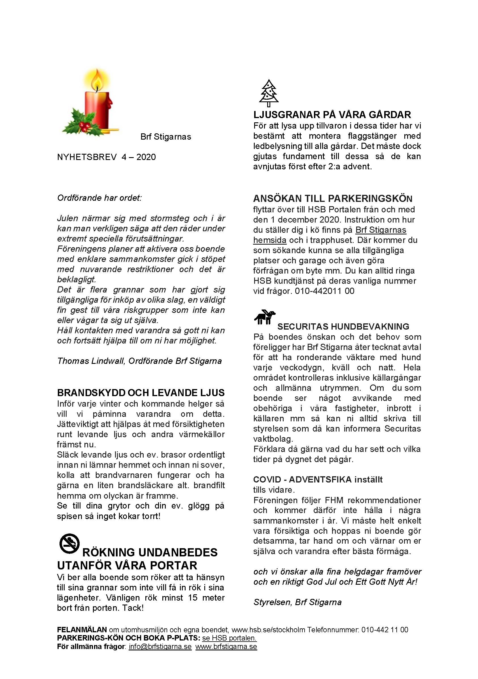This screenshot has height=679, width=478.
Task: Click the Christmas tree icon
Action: pyautogui.click(x=268, y=93)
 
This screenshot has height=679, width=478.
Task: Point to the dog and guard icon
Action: pyautogui.click(x=265, y=317)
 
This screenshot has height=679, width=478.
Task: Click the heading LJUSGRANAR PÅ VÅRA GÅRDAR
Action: pyautogui.click(x=332, y=115)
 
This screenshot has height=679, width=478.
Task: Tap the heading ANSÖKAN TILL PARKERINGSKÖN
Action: pyautogui.click(x=333, y=198)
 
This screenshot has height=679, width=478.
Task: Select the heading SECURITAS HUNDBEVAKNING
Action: pyautogui.click(x=343, y=326)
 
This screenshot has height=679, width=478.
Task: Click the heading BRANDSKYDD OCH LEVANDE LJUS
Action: pyautogui.click(x=141, y=393)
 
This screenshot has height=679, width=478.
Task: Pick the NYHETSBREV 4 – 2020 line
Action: pyautogui.click(x=106, y=157)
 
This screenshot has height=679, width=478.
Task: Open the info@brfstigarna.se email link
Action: pyautogui.click(x=160, y=646)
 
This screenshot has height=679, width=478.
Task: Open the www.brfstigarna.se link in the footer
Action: pyautogui.click(x=226, y=646)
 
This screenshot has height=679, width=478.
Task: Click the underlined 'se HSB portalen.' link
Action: pyautogui.click(x=229, y=638)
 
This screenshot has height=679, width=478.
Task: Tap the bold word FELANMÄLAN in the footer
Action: pyautogui.click(x=82, y=630)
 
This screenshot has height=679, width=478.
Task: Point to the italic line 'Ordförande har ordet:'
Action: pyautogui.click(x=99, y=198)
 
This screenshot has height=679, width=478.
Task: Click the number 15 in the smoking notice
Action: pyautogui.click(x=192, y=598)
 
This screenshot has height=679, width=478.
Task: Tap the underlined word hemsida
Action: pyautogui.click(x=270, y=240)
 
